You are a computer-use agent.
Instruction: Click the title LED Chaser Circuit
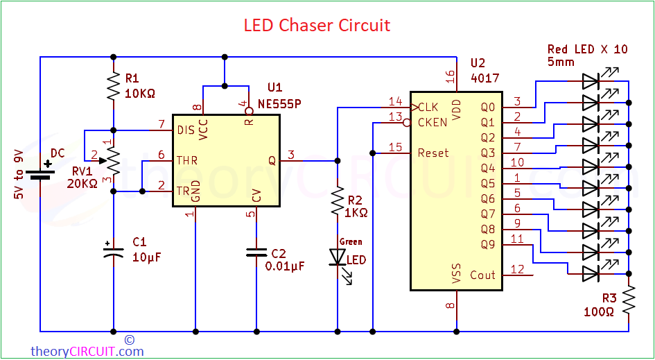point(317,26)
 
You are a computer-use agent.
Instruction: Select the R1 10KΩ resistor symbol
point(113,88)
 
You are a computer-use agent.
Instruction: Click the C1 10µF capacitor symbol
point(113,251)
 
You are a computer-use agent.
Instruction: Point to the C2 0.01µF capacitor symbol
point(256,251)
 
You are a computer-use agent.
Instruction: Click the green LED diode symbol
point(338,258)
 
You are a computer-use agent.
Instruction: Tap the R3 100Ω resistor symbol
point(629,300)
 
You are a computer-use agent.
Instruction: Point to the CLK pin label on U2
point(428,107)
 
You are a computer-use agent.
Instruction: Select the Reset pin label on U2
point(433,153)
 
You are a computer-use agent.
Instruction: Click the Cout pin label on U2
point(482,275)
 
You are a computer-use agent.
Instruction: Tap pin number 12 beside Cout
point(518,268)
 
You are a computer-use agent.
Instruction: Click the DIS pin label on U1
point(186,130)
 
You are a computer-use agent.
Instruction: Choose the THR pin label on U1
point(187,160)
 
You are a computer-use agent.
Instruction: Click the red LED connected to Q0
point(591,80)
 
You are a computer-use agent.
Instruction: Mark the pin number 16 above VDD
point(451,75)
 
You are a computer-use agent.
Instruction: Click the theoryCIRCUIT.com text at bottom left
point(87,351)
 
